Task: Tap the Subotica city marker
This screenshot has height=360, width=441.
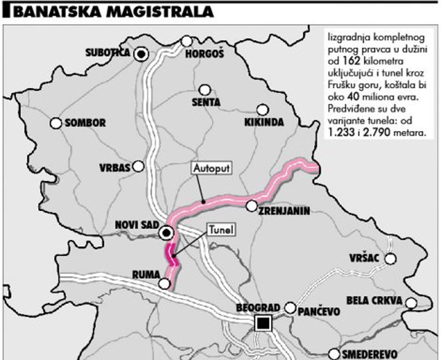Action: (141, 53)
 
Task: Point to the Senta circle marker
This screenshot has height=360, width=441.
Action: (205, 90)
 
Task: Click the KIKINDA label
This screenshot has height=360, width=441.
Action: (264, 122)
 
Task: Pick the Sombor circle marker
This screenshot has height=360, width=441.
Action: (56, 123)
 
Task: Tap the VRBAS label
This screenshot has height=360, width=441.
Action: (115, 168)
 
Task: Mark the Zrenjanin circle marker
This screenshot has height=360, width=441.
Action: (252, 206)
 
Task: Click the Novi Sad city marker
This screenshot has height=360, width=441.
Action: (167, 233)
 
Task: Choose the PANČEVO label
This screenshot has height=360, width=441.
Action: (319, 311)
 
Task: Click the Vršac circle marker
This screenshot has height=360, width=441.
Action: (390, 258)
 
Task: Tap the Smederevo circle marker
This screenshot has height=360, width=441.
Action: (334, 353)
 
